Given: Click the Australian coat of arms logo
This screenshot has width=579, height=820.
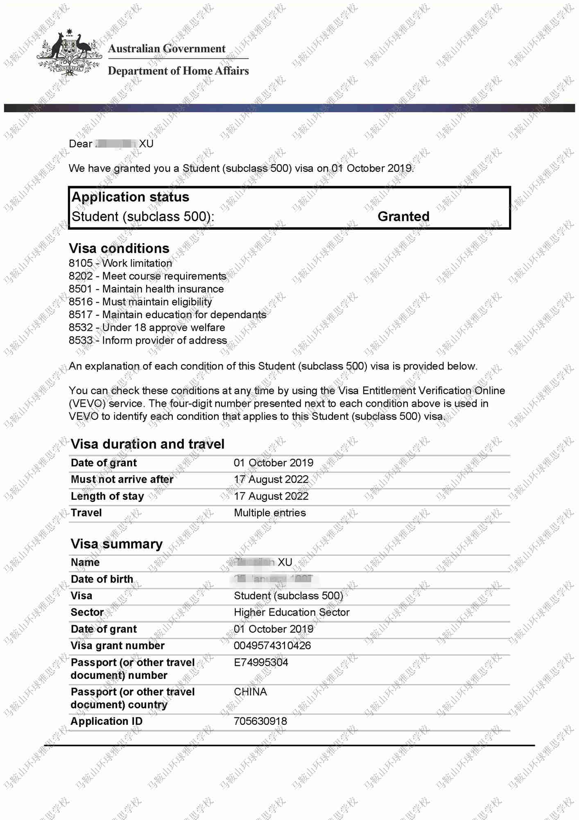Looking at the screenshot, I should pyautogui.click(x=69, y=52).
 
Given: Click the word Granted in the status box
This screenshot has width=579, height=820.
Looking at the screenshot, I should pyautogui.click(x=403, y=216).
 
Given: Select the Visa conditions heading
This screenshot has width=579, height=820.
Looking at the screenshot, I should pyautogui.click(x=119, y=248).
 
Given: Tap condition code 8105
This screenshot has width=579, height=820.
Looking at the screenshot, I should pyautogui.click(x=81, y=263).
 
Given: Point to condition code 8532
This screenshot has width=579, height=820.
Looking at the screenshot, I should pyautogui.click(x=81, y=328).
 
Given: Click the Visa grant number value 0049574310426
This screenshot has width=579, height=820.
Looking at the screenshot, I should pyautogui.click(x=272, y=645).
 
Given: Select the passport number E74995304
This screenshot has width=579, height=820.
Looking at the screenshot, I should pyautogui.click(x=261, y=662).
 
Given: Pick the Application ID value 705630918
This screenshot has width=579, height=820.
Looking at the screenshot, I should pyautogui.click(x=260, y=721).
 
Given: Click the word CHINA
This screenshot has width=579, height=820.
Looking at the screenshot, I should pyautogui.click(x=250, y=692).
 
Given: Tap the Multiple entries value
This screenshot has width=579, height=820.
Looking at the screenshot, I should pyautogui.click(x=270, y=512).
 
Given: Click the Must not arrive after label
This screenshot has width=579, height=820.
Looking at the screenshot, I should pyautogui.click(x=122, y=479).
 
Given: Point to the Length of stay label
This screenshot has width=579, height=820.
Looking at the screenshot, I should pyautogui.click(x=107, y=496).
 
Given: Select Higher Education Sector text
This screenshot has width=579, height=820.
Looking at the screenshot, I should pyautogui.click(x=292, y=612).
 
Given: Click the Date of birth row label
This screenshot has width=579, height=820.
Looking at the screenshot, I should pyautogui.click(x=102, y=579).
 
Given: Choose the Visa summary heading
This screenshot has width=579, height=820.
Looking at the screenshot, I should pyautogui.click(x=117, y=544).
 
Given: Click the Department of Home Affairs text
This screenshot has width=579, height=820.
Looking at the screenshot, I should pyautogui.click(x=178, y=71).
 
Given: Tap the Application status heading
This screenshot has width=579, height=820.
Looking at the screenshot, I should pyautogui.click(x=130, y=197).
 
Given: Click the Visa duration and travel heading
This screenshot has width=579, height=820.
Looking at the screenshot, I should pyautogui.click(x=147, y=444).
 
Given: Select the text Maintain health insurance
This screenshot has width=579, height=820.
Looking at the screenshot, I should pyautogui.click(x=163, y=289).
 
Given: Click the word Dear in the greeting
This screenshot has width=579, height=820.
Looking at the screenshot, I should pyautogui.click(x=80, y=144).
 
